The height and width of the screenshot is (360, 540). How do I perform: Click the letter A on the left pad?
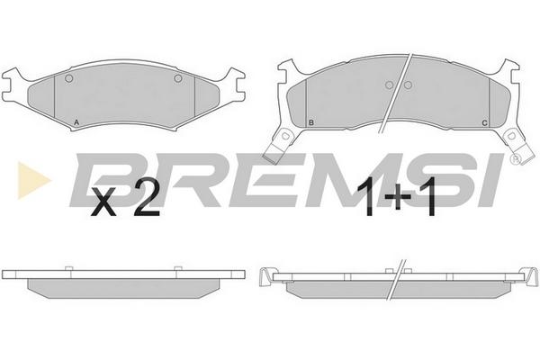click(76, 122)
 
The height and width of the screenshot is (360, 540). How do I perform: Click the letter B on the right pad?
click(311, 122)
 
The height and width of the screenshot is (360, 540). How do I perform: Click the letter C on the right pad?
click(484, 123)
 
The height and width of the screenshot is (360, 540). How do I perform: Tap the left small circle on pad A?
click(69, 78)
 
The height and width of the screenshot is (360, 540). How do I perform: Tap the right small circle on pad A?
click(177, 78)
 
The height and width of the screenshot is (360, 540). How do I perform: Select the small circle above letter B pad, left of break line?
click(389, 85)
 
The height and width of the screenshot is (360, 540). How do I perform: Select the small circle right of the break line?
click(408, 85)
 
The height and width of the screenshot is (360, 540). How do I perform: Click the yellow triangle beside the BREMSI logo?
click(32, 180)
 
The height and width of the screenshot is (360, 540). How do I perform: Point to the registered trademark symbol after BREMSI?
click(516, 158)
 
